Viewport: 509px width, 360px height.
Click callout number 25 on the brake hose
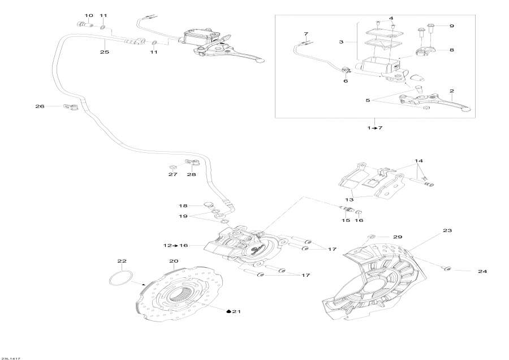(104, 52)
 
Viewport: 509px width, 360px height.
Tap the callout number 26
(40, 106)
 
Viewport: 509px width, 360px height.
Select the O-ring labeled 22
(120, 279)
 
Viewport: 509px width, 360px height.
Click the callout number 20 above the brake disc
(174, 261)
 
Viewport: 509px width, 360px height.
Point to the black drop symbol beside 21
(229, 311)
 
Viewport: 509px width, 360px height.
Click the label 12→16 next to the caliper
(175, 245)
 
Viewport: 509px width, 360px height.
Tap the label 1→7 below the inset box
(375, 128)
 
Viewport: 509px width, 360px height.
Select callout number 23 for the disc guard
(447, 231)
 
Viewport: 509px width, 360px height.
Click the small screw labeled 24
(446, 267)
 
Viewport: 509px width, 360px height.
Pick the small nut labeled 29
(371, 235)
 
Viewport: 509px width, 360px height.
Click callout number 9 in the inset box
(451, 25)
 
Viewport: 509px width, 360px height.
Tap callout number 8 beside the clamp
(451, 50)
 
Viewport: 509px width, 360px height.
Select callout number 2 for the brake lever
(451, 91)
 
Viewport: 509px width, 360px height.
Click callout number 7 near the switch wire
(306, 34)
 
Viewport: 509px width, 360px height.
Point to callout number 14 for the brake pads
(419, 161)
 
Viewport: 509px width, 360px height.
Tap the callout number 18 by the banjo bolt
(183, 206)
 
